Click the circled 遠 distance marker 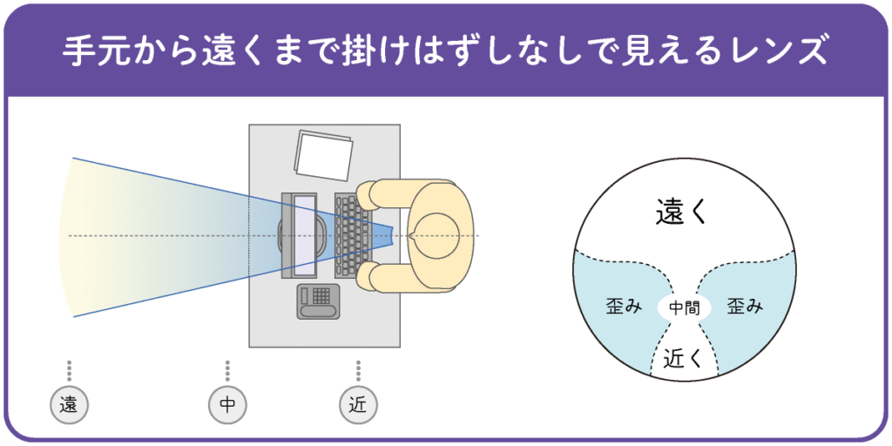(69, 404)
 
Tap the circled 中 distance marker (227, 404)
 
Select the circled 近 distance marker (358, 404)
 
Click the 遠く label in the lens (684, 212)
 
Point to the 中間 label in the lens (685, 307)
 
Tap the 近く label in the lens (684, 357)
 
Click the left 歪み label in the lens (624, 307)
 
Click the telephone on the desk (319, 301)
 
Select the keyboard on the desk (353, 235)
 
